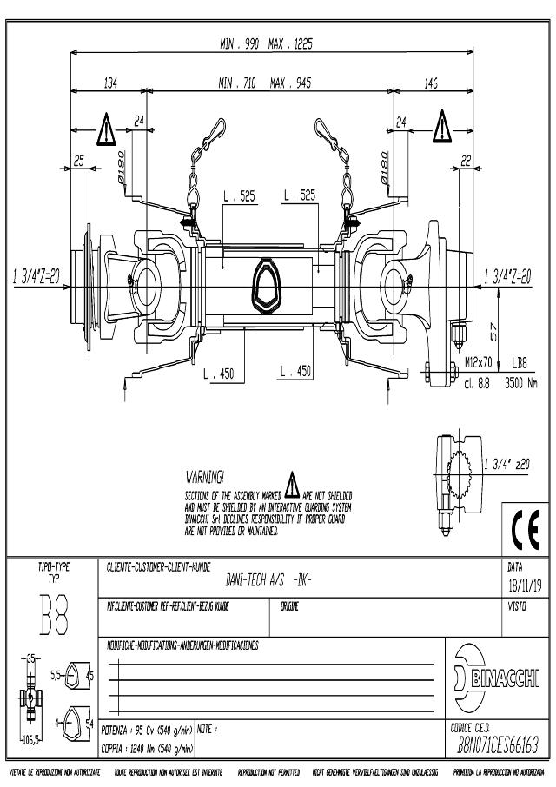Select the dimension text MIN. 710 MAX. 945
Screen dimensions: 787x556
[265, 83]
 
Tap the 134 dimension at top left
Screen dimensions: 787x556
[110, 83]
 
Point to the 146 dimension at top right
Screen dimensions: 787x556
[431, 83]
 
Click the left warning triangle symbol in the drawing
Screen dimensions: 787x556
[106, 129]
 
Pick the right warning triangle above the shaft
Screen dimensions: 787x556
[443, 125]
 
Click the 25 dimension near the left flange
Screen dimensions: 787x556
[79, 161]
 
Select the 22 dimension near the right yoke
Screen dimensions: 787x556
[467, 161]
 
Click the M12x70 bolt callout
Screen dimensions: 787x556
[479, 361]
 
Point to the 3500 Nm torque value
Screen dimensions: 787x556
[520, 380]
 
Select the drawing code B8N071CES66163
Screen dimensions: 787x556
[499, 744]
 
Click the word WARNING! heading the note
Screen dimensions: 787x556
[206, 477]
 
